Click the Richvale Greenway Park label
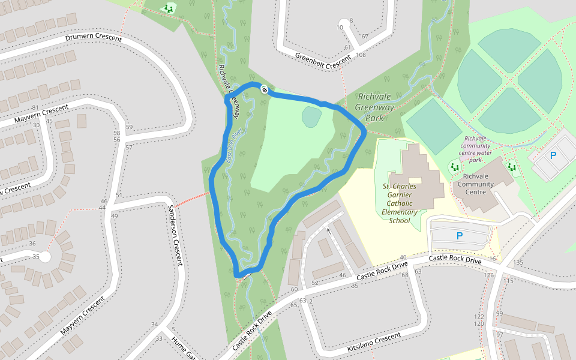pos(375,107)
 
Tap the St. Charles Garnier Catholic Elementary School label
pos(400,203)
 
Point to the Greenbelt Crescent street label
pos(322,59)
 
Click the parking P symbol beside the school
pos(460,236)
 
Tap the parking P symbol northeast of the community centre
pos(553,155)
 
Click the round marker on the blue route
pos(263,89)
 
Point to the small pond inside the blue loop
pos(311,116)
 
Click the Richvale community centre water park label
pos(484,149)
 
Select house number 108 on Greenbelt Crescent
pos(361,55)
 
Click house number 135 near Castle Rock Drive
pos(518,263)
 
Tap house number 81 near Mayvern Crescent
pos(43,90)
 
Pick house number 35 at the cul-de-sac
pos(36,257)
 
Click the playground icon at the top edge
pos(169,8)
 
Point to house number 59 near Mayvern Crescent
pos(129,127)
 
